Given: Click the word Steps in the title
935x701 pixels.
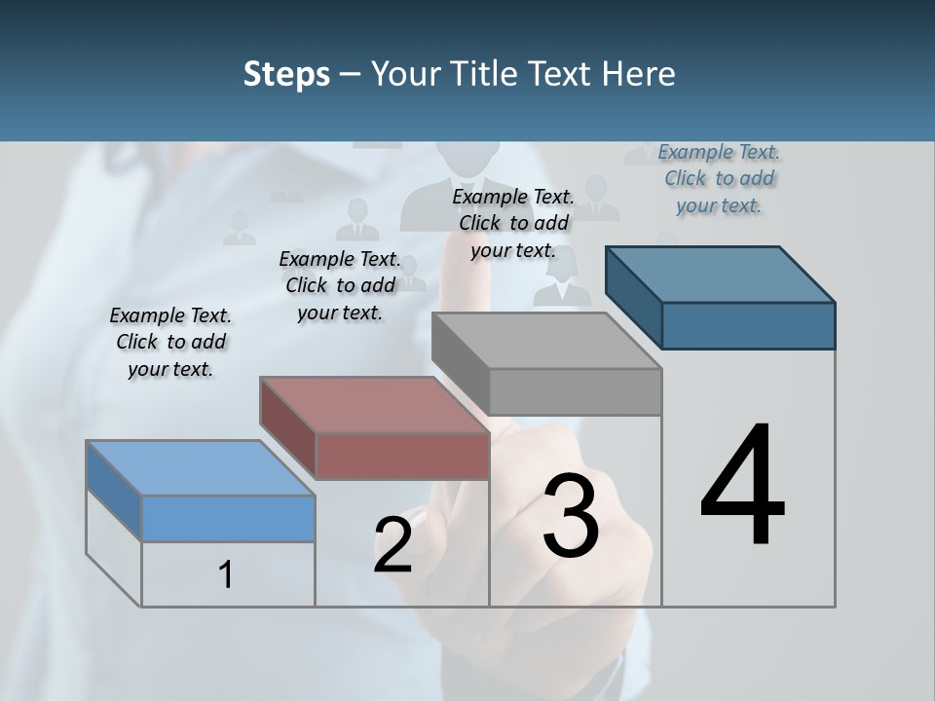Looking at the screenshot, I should [286, 74].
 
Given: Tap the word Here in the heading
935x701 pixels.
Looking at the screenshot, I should [639, 74].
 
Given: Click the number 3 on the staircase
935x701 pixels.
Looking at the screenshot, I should [571, 516].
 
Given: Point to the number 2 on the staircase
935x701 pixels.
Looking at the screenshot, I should [393, 545].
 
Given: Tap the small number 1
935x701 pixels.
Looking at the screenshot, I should [226, 574].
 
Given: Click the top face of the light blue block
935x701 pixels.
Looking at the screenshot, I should [200, 468].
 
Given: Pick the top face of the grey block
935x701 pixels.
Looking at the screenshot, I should [545, 341].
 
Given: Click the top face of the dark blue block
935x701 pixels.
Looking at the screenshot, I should [719, 275].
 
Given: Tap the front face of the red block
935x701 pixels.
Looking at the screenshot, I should [402, 456].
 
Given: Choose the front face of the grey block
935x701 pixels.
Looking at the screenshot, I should [575, 391].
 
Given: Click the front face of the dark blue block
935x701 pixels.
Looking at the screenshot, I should [748, 325].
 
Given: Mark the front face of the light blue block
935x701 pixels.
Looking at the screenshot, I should [228, 518].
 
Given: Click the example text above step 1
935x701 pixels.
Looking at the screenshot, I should [170, 342].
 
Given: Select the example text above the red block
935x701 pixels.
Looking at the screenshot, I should [340, 285].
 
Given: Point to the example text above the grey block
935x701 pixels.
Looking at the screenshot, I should [513, 223].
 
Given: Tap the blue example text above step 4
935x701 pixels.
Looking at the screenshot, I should [719, 178].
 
